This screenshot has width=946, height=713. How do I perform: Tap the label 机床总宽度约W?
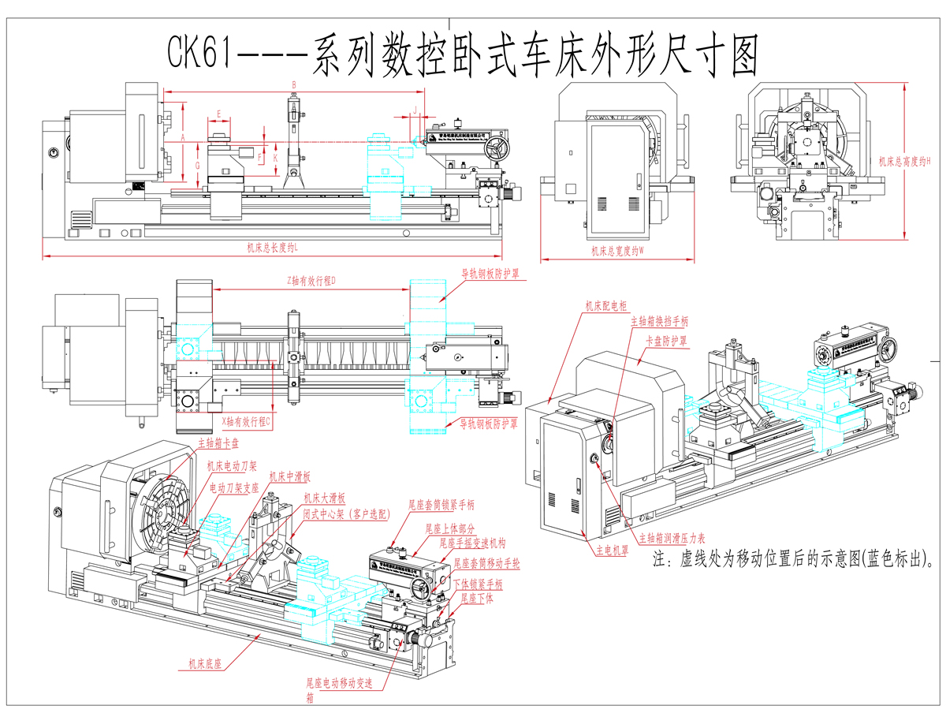click(619, 252)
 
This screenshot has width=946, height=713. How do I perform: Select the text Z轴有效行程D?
click(311, 280)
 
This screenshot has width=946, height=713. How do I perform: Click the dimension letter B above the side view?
click(293, 84)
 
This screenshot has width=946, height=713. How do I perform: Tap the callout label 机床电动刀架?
click(232, 468)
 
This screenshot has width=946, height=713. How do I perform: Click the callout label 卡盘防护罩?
click(667, 341)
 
